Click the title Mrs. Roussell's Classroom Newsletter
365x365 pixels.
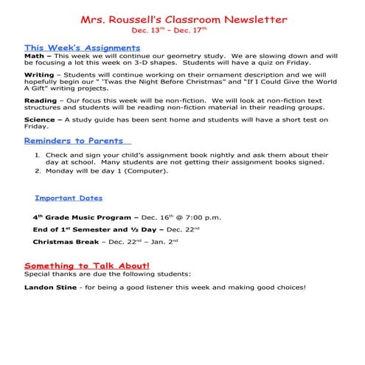[x=184, y=19]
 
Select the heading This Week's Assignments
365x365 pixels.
[x=66, y=46]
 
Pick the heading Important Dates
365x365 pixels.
[x=69, y=198]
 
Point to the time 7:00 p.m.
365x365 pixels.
[x=202, y=218]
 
